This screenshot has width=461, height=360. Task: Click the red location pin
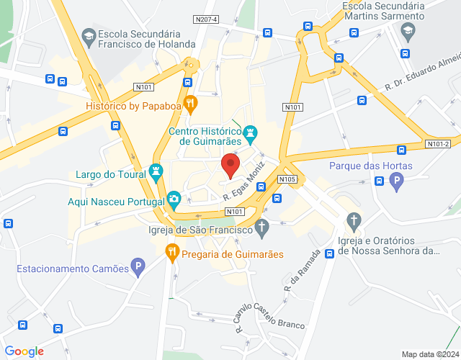coord(230,165)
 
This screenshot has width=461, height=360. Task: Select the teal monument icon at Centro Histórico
coord(250,133)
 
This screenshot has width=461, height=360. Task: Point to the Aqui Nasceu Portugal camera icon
coord(174,199)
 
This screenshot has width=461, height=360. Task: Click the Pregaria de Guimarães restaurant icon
coord(171,252)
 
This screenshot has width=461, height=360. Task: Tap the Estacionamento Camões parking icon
coord(137,269)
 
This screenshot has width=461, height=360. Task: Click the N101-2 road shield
coord(437,144)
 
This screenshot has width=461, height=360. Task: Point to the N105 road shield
coord(287,179)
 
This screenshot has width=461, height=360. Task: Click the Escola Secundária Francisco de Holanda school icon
coord(89,35)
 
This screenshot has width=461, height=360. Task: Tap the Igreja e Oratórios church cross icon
coord(353,220)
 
